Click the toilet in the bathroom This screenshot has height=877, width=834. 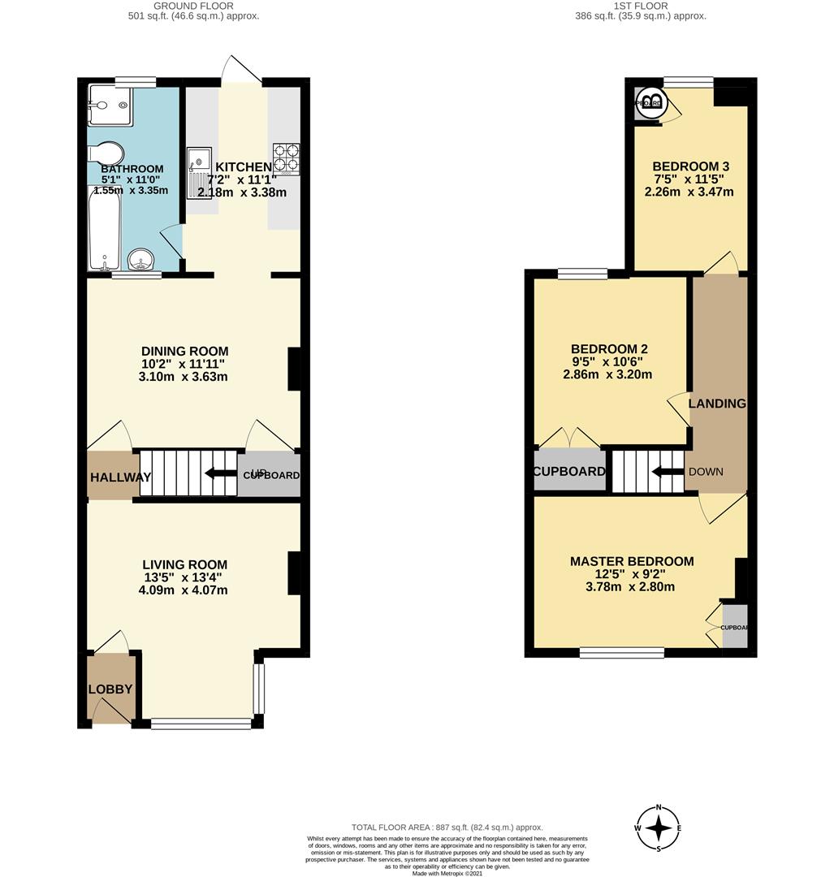click(x=106, y=154)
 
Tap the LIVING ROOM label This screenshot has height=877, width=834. click(x=184, y=564)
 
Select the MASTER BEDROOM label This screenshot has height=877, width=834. click(x=631, y=561)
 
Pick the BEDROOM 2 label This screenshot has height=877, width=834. click(x=609, y=348)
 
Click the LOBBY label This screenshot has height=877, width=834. click(x=110, y=689)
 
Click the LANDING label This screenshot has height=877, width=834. click(x=717, y=404)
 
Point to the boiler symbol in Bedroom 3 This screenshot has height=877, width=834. click(x=652, y=102)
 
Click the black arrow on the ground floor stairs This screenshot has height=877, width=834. click(x=219, y=473)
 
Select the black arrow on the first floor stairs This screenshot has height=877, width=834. click(x=668, y=472)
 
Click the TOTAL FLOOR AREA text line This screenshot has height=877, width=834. click(x=447, y=827)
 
